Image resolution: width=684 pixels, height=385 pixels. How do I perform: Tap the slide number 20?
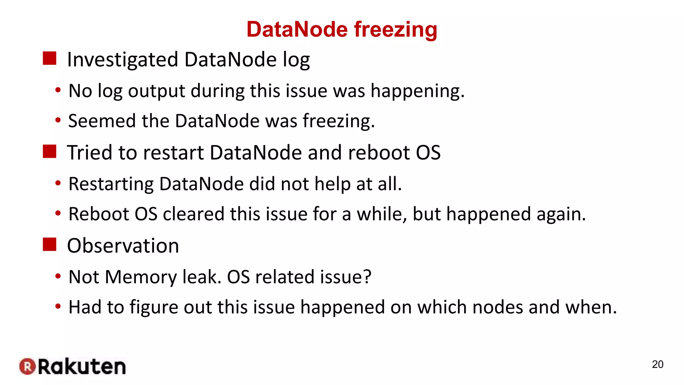tap(657, 364)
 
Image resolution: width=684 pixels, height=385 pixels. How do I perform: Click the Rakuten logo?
tap(72, 367)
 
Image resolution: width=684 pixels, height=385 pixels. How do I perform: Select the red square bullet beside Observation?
tap(49, 244)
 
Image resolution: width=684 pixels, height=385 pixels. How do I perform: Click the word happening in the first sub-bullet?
tap(417, 91)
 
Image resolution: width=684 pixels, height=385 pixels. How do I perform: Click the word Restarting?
tap(111, 184)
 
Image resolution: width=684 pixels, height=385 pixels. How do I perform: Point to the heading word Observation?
tap(123, 246)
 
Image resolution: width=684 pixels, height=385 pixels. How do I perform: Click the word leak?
tap(202, 277)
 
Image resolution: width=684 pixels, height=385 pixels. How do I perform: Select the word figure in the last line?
tap(154, 307)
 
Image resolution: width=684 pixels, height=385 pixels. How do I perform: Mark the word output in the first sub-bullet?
tap(156, 91)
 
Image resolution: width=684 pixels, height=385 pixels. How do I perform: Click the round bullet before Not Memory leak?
tap(58, 276)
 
